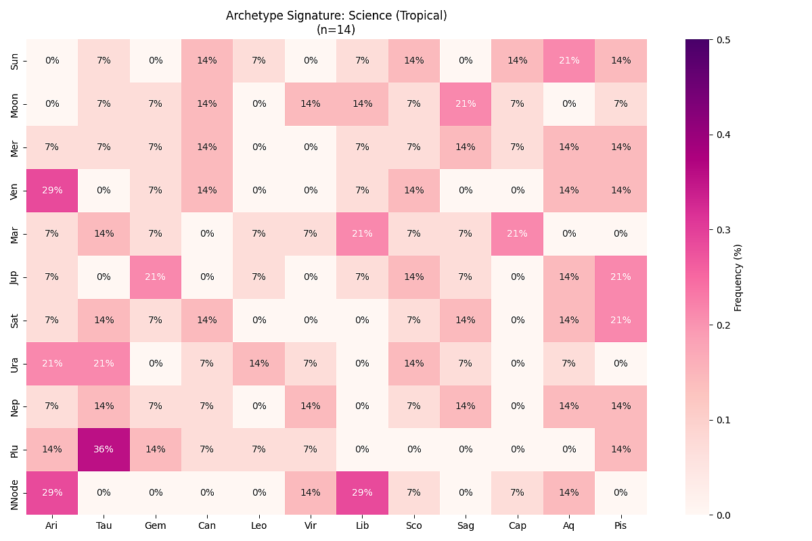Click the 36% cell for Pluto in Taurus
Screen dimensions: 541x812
(x=104, y=450)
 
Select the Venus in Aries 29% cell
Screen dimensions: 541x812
(x=52, y=190)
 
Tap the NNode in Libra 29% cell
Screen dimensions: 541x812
(x=362, y=493)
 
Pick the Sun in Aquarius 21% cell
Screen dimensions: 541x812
(x=569, y=60)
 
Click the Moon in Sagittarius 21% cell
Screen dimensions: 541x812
(x=466, y=103)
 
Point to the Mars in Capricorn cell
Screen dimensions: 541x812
(x=518, y=233)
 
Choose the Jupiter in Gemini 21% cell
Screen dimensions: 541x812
(x=156, y=277)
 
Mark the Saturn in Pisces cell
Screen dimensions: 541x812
(x=621, y=320)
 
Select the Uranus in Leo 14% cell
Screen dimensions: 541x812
(x=258, y=363)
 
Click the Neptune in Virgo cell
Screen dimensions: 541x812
(x=311, y=406)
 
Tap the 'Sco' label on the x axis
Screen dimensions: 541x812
(x=414, y=525)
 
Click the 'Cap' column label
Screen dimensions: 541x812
(x=518, y=525)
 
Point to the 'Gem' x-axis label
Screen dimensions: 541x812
(x=156, y=525)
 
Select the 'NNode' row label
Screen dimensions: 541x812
(x=15, y=493)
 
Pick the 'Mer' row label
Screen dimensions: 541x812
(x=15, y=147)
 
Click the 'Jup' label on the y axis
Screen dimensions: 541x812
(x=15, y=277)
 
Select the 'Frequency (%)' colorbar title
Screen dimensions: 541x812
(x=738, y=277)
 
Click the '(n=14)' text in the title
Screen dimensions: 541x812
(x=336, y=30)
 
